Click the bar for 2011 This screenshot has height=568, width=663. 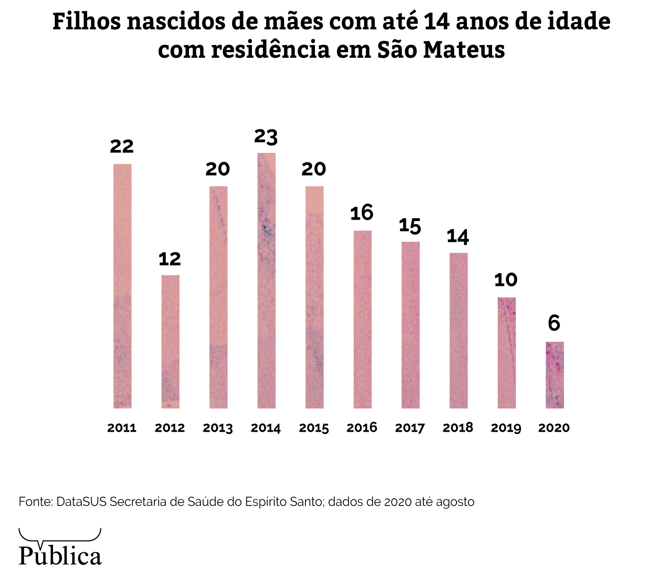pos(122,286)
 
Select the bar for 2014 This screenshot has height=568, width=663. pos(266,280)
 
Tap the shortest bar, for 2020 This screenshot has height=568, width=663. pos(555,375)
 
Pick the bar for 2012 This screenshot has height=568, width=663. pos(170,341)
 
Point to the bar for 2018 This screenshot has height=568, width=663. pos(458,330)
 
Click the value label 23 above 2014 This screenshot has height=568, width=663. pos(266,136)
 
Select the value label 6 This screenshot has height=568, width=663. pos(554,324)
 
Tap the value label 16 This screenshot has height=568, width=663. pos(362,213)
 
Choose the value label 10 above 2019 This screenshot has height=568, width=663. pos(506,280)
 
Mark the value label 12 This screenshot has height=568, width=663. pos(170,259)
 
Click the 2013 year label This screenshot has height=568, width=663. pos(218,428)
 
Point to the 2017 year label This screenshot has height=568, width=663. pos(410,428)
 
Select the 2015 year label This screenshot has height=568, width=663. pos(314,428)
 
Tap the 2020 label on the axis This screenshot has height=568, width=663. pos(554,428)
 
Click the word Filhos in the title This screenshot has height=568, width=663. pos(86,21)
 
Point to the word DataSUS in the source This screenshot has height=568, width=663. pos(81,502)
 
